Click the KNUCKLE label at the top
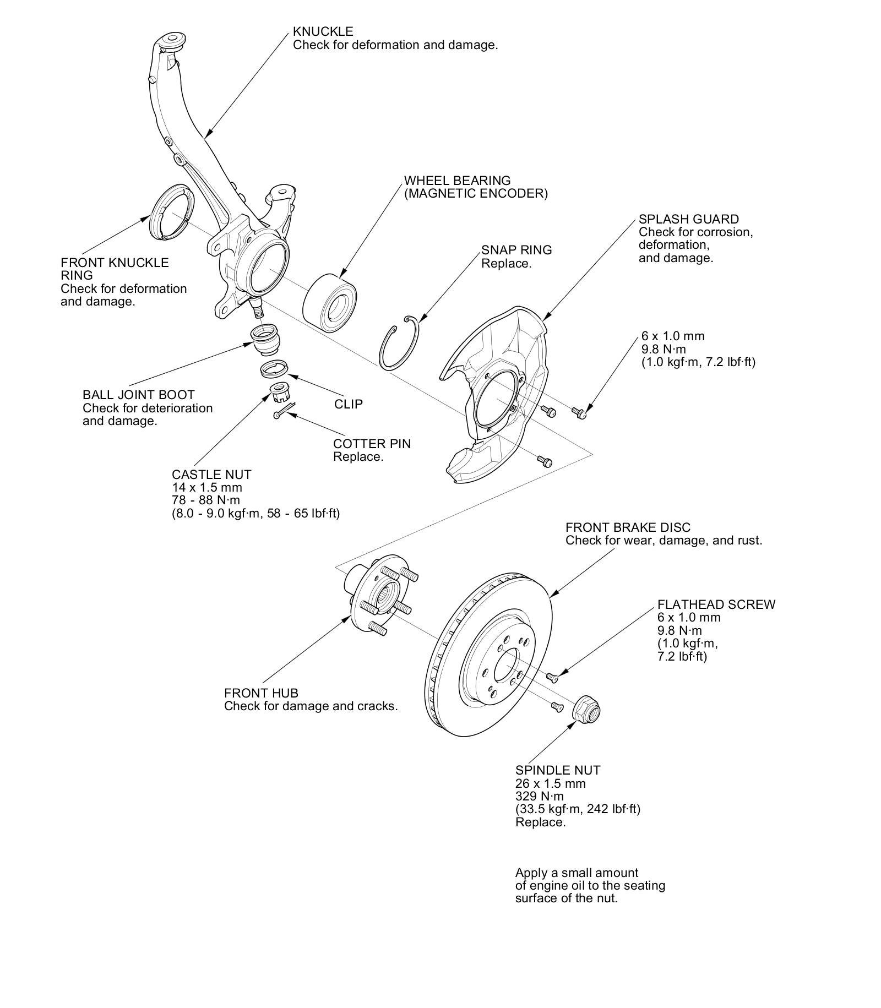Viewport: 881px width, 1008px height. pyautogui.click(x=323, y=31)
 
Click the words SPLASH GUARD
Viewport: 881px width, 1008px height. pyautogui.click(x=688, y=219)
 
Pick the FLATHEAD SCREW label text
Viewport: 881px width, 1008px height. pyautogui.click(x=716, y=604)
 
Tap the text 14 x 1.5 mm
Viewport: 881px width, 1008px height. pyautogui.click(x=206, y=487)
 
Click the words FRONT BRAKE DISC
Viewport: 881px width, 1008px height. pyautogui.click(x=627, y=527)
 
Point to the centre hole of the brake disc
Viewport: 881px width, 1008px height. pyautogui.click(x=506, y=666)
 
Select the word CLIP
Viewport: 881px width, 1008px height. pyautogui.click(x=349, y=404)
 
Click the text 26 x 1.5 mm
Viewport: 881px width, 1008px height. pyautogui.click(x=550, y=783)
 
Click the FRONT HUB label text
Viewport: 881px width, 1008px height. pyautogui.click(x=261, y=693)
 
